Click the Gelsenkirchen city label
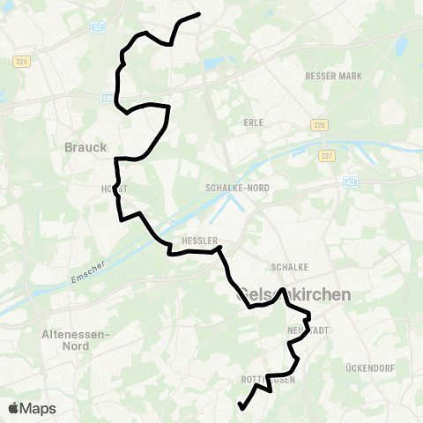pos(295,295)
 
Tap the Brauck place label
pos(85,147)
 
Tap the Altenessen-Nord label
pos(74,340)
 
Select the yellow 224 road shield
pos(22,61)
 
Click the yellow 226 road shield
pos(319,125)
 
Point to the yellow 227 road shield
pos(327,156)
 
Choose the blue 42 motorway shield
pos(351,182)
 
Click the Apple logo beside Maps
pos(14,408)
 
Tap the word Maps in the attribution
pos(39,408)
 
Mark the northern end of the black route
pos(200,14)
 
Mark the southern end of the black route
pos(241,407)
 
